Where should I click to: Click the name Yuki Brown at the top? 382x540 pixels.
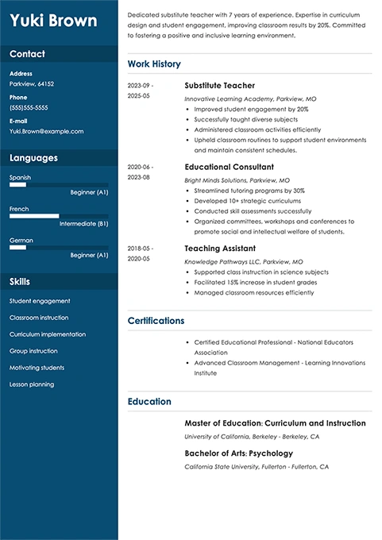click(54, 21)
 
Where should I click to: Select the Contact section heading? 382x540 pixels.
click(27, 54)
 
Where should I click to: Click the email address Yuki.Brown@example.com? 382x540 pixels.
click(46, 131)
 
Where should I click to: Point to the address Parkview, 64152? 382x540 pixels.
click(32, 83)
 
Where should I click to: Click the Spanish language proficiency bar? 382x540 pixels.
click(59, 184)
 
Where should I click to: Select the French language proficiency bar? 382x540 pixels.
click(59, 215)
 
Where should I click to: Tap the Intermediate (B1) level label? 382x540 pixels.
click(83, 224)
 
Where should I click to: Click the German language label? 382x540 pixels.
click(21, 239)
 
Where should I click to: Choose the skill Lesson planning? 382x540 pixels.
click(32, 384)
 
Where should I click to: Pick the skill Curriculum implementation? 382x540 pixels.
click(48, 334)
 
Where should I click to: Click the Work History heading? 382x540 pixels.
click(154, 64)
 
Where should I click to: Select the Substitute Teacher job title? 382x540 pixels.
click(219, 85)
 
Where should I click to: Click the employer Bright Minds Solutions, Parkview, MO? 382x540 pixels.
click(237, 180)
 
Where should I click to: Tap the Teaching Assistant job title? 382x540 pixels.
click(218, 249)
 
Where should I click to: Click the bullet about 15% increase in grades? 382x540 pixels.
click(249, 282)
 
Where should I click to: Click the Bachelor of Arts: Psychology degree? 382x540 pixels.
click(238, 453)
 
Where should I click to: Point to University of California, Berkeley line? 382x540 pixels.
click(252, 437)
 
